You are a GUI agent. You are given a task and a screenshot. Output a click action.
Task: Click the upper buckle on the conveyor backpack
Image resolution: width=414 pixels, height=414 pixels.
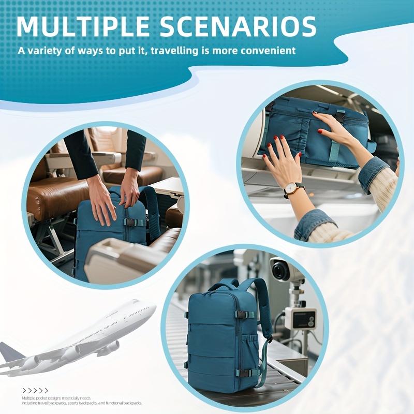coord(244,314)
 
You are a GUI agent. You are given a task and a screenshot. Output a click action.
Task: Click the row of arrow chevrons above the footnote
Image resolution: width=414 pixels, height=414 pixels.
coord(35,391)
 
